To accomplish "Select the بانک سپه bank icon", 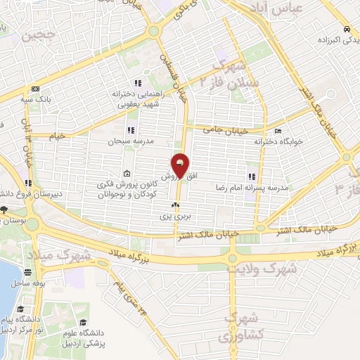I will pyautogui.click(x=35, y=89).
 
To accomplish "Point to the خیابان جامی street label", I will pyautogui.click(x=226, y=129).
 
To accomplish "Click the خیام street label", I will pyautogui.click(x=56, y=134).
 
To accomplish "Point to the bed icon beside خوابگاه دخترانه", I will pyautogui.click(x=278, y=131).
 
